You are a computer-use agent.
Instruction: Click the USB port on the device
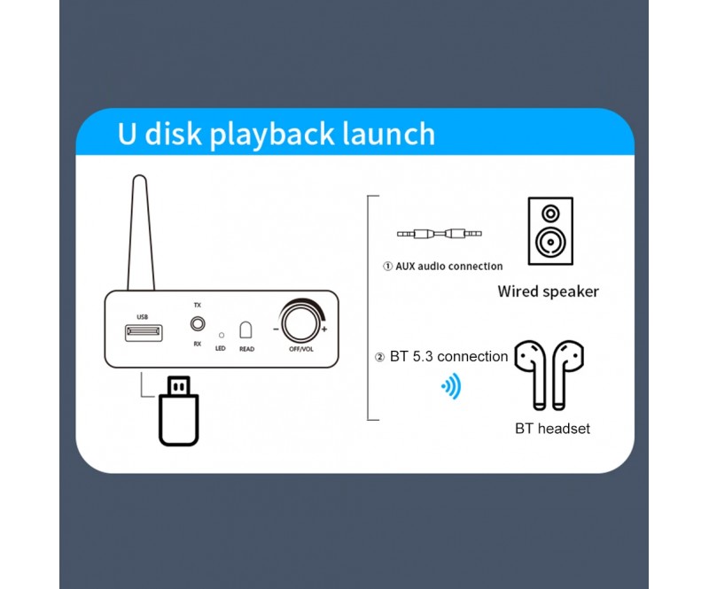[x=144, y=333]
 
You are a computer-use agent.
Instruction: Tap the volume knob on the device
[x=300, y=323]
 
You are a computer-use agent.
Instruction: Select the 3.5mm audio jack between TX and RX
[x=198, y=323]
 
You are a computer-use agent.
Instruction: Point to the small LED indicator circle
[x=221, y=335]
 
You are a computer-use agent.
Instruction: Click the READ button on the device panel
[x=245, y=330]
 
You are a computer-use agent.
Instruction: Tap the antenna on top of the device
[x=141, y=233]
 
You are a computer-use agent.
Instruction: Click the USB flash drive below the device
[x=179, y=411]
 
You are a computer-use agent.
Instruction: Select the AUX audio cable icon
[x=439, y=234]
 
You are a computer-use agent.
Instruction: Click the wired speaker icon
[x=550, y=231]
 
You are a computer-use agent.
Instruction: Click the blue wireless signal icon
[x=451, y=386]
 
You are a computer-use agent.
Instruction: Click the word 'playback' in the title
[x=273, y=135]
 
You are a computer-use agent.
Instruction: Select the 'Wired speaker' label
[x=548, y=291]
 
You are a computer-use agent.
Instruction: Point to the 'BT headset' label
[x=552, y=429]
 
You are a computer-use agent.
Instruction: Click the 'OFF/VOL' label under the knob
[x=301, y=349]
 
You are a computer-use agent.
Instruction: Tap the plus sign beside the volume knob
[x=324, y=329]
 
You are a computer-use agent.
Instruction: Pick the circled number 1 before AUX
[x=387, y=267]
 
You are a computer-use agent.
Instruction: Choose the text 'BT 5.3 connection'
[x=448, y=356]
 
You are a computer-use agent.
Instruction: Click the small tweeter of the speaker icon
[x=550, y=213]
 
